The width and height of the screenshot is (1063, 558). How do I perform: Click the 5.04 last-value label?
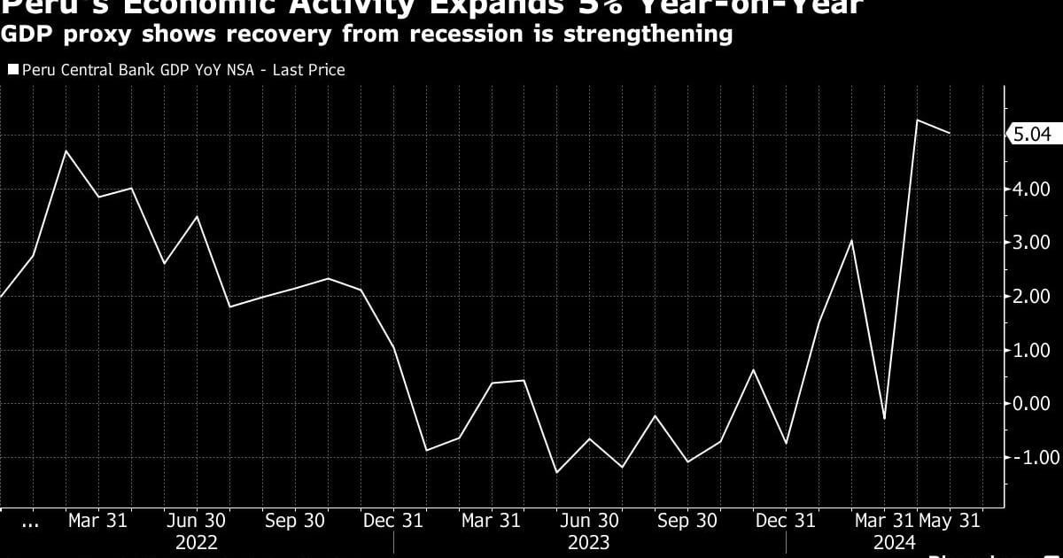click(x=1032, y=135)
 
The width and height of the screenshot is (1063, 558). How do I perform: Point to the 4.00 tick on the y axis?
click(x=1031, y=189)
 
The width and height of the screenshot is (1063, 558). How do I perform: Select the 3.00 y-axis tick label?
click(x=1031, y=243)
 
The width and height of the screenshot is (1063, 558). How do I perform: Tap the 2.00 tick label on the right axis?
click(x=1031, y=296)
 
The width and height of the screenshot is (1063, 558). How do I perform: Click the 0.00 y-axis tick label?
click(x=1031, y=403)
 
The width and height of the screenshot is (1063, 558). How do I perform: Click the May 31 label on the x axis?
click(x=950, y=521)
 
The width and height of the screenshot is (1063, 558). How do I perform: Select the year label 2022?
click(x=197, y=542)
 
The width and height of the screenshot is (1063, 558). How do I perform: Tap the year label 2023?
click(x=589, y=542)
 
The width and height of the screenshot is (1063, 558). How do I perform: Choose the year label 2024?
click(x=895, y=542)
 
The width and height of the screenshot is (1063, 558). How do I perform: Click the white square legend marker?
click(x=12, y=69)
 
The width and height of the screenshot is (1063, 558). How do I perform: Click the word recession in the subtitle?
click(x=433, y=35)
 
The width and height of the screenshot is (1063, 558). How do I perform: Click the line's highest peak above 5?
click(x=918, y=120)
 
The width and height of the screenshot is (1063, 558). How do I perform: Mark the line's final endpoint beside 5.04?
click(x=950, y=133)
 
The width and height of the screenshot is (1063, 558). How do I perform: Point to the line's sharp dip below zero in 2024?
click(x=884, y=418)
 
